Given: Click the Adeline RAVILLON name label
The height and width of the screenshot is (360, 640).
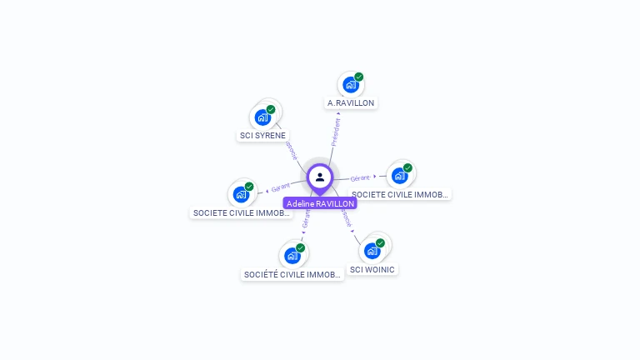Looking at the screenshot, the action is (320, 203).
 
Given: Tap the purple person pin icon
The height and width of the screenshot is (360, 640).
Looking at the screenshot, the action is (320, 177).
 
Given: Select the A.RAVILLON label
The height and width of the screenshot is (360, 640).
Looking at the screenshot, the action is (351, 103).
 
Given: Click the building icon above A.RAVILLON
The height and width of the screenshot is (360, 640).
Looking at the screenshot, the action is (350, 85).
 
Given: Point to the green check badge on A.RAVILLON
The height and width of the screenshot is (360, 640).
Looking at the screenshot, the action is (359, 77).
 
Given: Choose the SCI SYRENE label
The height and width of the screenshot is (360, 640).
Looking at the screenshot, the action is (262, 135).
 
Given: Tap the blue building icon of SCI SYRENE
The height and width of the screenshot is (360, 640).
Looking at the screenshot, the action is (262, 117).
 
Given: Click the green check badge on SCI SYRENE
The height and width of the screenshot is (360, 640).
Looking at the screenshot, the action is (271, 109).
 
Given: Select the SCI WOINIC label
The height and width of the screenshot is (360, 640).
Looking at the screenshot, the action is (372, 269).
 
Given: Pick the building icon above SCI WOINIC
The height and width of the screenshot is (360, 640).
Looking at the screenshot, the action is (372, 250).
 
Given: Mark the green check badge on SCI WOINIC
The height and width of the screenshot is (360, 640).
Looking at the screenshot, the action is (381, 242).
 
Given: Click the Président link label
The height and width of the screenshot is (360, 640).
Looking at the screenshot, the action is (336, 132).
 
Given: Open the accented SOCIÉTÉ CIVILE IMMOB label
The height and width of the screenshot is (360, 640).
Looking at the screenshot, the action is (292, 274).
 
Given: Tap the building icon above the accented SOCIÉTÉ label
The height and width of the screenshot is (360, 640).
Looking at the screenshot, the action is (292, 255).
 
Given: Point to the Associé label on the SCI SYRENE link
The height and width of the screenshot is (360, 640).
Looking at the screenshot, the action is (291, 150).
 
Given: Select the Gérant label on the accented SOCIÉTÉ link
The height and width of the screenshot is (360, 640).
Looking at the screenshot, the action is (306, 218).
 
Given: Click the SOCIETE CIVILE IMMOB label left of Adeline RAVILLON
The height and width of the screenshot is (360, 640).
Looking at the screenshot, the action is (242, 212).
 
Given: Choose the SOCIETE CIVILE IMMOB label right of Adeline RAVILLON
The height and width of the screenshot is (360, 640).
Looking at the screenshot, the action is (400, 194).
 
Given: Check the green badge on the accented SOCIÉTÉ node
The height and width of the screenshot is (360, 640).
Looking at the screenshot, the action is (300, 247).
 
